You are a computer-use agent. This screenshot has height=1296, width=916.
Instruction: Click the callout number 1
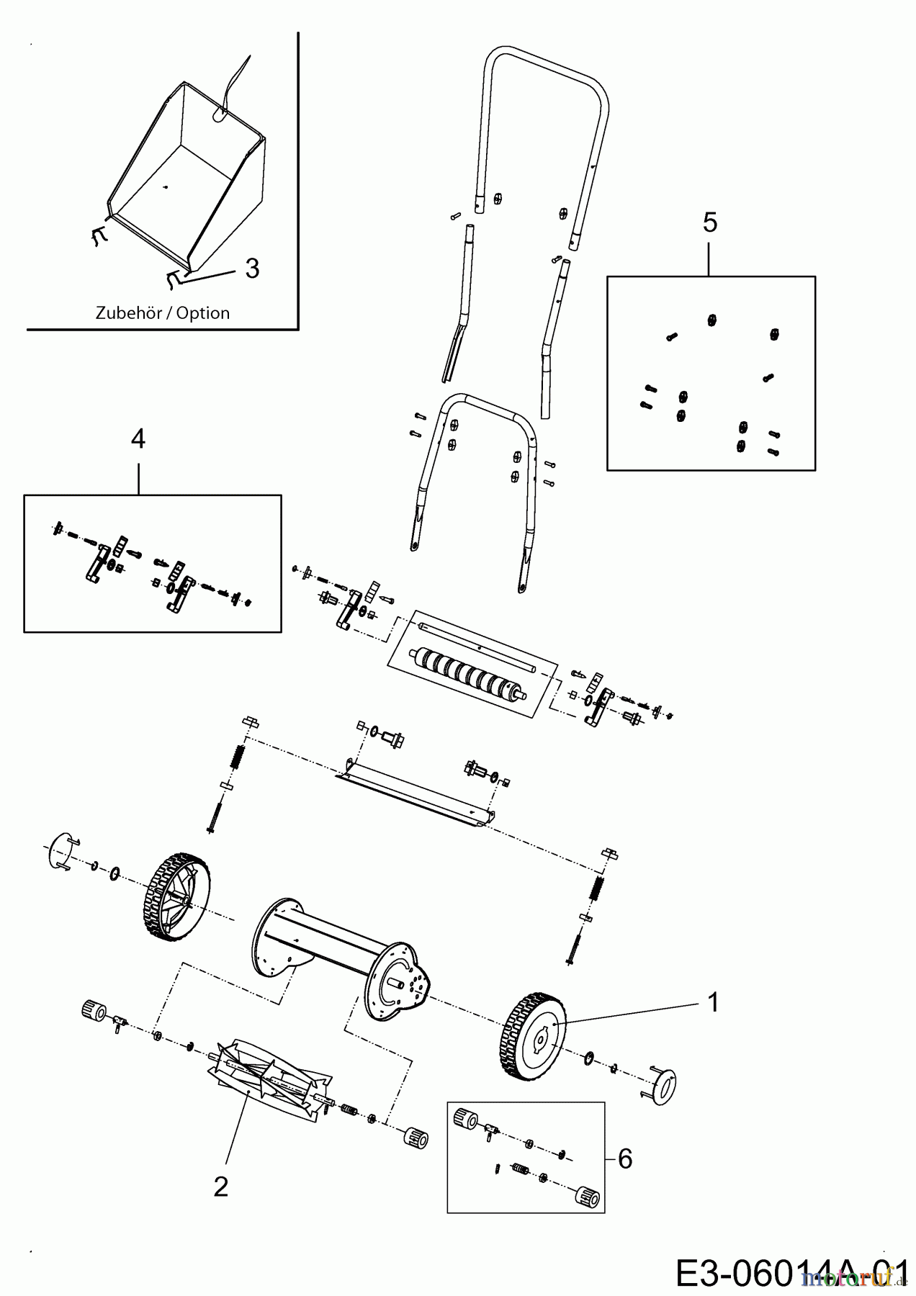[x=713, y=1002]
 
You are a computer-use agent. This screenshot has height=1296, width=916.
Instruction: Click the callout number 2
[x=220, y=1187]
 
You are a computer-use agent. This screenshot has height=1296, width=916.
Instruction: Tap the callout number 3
[x=251, y=269]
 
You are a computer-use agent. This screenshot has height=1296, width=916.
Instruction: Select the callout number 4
[x=138, y=438]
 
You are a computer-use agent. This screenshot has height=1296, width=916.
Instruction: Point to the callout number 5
[x=710, y=223]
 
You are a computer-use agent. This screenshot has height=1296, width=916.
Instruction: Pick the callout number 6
[x=625, y=1158]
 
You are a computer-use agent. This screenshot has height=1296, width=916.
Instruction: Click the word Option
[x=203, y=313]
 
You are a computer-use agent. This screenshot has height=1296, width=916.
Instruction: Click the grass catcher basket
[x=191, y=180]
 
